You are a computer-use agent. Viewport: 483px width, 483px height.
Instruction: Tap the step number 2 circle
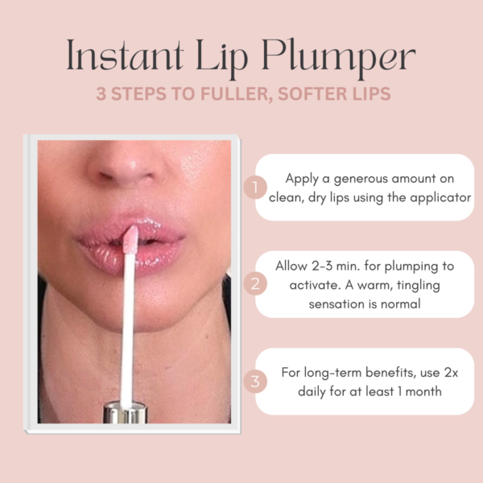(254, 284)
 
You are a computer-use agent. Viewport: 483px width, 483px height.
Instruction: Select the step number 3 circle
(254, 381)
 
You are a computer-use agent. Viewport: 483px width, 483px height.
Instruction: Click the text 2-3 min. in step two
(337, 267)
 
